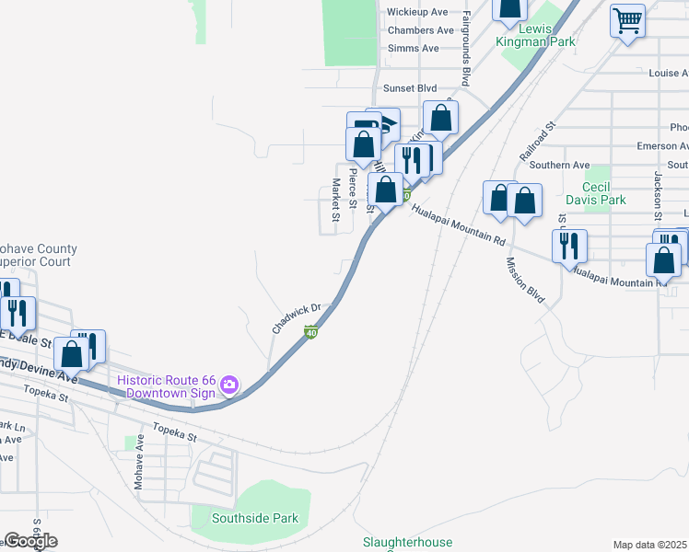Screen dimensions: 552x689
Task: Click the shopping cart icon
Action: click(x=627, y=18)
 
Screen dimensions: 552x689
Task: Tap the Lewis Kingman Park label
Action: click(x=536, y=35)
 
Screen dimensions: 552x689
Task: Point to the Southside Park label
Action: click(x=255, y=518)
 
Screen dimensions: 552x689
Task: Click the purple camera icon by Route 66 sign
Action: click(x=229, y=383)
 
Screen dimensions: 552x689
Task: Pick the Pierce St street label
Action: click(x=352, y=186)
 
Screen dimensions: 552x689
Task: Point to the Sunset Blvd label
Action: click(x=412, y=88)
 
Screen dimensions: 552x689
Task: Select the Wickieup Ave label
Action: click(x=417, y=12)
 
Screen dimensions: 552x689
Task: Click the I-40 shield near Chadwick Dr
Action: click(x=312, y=331)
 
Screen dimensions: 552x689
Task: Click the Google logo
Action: click(x=30, y=541)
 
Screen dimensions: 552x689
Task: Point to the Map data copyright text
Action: click(x=650, y=545)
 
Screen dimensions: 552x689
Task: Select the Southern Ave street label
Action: click(x=566, y=166)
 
